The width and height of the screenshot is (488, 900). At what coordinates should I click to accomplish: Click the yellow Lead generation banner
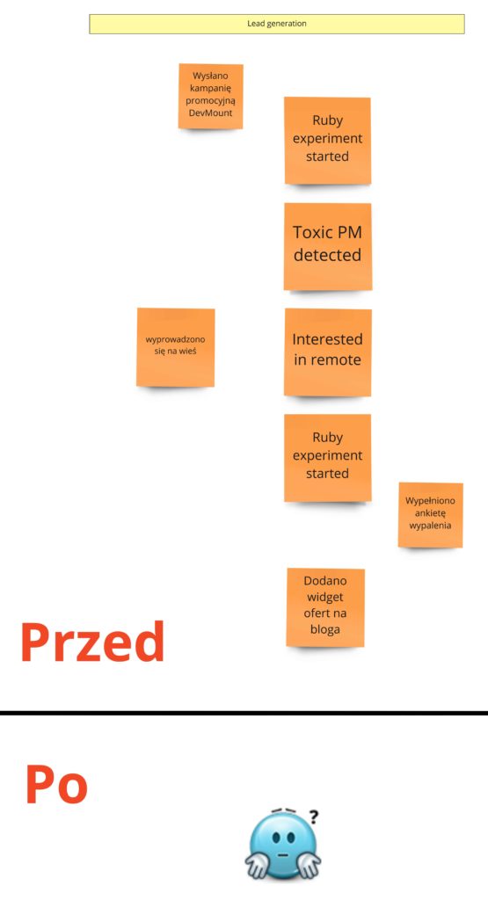coord(277,24)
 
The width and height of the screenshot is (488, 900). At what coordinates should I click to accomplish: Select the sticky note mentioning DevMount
coord(211,96)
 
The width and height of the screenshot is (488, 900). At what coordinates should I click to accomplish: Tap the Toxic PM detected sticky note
coord(328,247)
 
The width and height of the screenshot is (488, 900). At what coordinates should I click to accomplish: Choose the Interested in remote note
coord(328,352)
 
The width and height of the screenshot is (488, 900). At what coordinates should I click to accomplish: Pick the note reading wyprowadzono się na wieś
coord(176,347)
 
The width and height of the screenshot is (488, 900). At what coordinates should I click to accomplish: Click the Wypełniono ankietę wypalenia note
coord(431,515)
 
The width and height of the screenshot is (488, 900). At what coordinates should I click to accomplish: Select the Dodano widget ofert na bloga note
coord(325,607)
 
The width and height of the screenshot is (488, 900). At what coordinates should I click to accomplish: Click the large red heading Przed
coord(92,642)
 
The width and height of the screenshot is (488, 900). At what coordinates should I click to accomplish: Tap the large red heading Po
coord(56,784)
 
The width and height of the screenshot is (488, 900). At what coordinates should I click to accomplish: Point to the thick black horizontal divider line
coord(244,713)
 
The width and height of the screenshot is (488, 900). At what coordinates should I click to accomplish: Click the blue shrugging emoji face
coord(282,845)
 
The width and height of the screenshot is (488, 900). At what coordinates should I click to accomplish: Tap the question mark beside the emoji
coord(314,817)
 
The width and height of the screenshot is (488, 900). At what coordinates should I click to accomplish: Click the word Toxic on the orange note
coord(312,232)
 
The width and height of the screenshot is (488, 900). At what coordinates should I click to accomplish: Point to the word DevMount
coord(211,113)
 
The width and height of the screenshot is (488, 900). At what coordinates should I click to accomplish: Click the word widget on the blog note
coord(325,597)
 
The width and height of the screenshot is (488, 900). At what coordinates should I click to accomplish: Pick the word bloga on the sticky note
coord(325,629)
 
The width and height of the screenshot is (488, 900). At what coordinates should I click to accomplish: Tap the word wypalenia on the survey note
coord(430,526)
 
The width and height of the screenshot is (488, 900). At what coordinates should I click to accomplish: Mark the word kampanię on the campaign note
coord(210,89)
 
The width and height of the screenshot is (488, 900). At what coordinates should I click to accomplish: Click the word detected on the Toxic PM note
coord(328,255)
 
